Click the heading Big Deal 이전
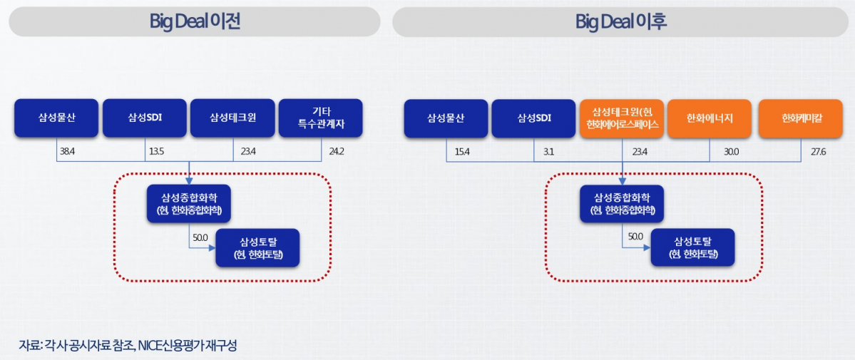(194, 21)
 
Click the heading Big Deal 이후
(620, 21)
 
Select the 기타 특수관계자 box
(320, 118)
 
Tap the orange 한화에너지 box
(710, 118)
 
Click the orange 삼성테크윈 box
(623, 118)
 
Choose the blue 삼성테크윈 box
(232, 118)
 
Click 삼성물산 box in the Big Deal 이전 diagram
(56, 118)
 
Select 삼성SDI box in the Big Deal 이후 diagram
(534, 118)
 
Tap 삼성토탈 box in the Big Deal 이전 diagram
(257, 247)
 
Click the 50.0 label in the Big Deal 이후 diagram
(635, 237)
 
